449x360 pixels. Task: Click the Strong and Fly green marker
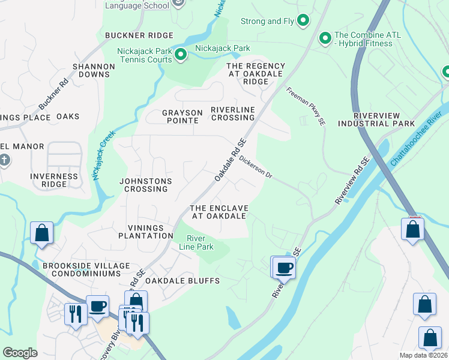(303, 22)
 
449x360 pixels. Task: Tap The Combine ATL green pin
(325, 39)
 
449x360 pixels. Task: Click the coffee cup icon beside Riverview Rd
(285, 268)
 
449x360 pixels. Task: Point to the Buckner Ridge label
(131, 36)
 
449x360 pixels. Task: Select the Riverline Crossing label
(232, 113)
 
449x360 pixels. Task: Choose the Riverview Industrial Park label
(384, 119)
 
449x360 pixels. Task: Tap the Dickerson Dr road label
(256, 168)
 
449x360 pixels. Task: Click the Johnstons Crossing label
(146, 185)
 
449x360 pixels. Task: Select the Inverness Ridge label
(54, 181)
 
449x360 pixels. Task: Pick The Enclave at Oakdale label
(218, 212)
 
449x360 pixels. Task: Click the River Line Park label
(196, 242)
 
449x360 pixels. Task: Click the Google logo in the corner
(20, 353)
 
